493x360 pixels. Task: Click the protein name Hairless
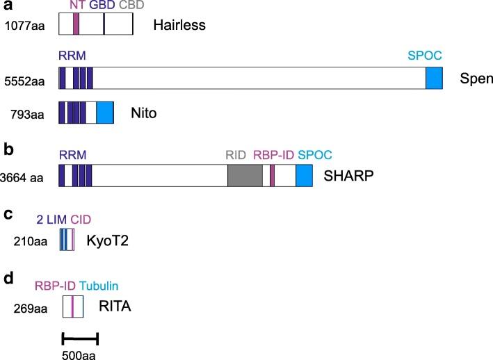tap(180, 26)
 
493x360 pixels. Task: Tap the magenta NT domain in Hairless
tap(76, 24)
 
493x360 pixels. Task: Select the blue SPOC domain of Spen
tap(434, 78)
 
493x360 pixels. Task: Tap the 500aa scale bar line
tap(80, 338)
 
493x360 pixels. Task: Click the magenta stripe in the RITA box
tap(72, 306)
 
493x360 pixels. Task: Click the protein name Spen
tap(473, 78)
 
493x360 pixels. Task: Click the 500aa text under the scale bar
tap(78, 354)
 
